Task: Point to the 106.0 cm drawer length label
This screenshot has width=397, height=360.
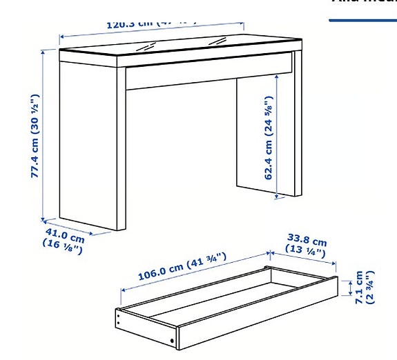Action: click(x=182, y=266)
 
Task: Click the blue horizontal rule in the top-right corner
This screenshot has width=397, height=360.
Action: click(x=362, y=20)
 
